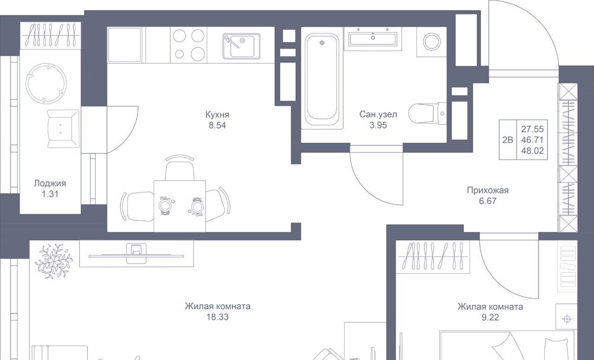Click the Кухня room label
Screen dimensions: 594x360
pyautogui.click(x=217, y=115)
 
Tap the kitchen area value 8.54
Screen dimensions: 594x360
pyautogui.click(x=217, y=125)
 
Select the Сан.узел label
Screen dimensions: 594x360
pyautogui.click(x=378, y=114)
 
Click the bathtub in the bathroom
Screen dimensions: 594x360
pyautogui.click(x=322, y=81)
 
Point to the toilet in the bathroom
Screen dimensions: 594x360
pyautogui.click(x=427, y=114)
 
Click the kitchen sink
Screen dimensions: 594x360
pyautogui.click(x=241, y=46)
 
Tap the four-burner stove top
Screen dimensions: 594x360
pyautogui.click(x=188, y=45)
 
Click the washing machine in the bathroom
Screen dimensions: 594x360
pyautogui.click(x=432, y=42)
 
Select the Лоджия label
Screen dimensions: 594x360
pyautogui.click(x=50, y=183)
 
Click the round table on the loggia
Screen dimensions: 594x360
pyautogui.click(x=46, y=84)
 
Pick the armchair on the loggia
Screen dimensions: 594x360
pyautogui.click(x=63, y=129)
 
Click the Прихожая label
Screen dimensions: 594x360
pyautogui.click(x=488, y=190)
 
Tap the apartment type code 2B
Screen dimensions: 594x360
pyautogui.click(x=508, y=140)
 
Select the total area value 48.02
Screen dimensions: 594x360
pyautogui.click(x=532, y=151)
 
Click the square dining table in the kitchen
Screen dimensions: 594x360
pyautogui.click(x=180, y=206)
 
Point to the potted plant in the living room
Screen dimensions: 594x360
pyautogui.click(x=54, y=261)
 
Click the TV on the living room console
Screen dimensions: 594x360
pyautogui.click(x=136, y=256)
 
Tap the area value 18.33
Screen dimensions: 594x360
pyautogui.click(x=218, y=317)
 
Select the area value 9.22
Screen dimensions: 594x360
pyautogui.click(x=490, y=317)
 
